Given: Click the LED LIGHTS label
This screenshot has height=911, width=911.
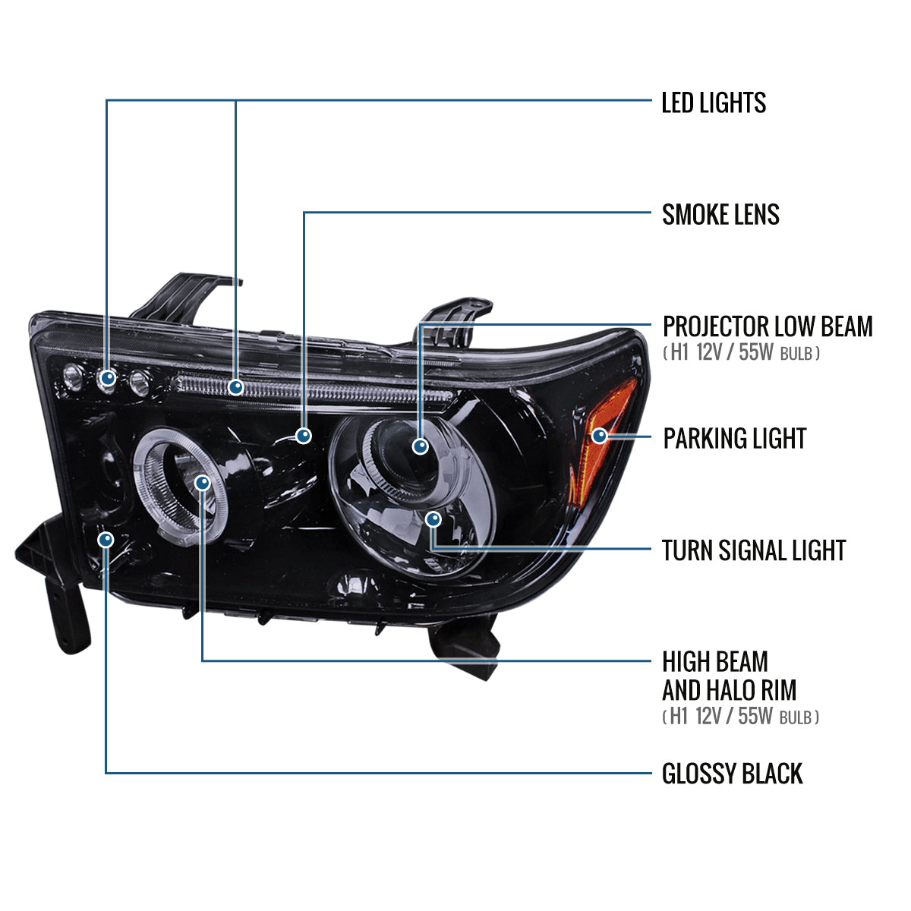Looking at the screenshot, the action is click(714, 102).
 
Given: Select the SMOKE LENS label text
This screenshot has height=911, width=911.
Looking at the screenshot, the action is click(720, 215).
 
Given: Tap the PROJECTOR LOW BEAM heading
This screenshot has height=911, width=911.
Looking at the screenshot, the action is click(768, 326).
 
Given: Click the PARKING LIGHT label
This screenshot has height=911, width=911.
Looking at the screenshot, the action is click(735, 438).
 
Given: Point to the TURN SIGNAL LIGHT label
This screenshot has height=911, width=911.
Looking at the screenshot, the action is click(754, 550).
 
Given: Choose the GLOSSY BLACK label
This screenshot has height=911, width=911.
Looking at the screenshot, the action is click(732, 774).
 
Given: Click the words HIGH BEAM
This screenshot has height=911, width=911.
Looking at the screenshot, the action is click(715, 661).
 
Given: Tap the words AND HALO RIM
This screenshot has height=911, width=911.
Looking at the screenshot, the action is click(729, 690).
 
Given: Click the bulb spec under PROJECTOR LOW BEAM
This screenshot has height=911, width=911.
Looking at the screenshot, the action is click(741, 353).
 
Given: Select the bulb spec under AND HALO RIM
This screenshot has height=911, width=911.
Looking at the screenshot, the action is click(740, 716).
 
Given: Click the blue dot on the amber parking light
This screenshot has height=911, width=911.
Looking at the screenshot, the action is click(600, 436).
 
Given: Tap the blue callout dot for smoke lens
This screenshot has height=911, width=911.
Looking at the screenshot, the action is click(303, 435).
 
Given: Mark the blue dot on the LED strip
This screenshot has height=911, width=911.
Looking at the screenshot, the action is click(235, 387).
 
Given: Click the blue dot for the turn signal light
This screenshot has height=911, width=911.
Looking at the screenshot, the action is click(433, 519).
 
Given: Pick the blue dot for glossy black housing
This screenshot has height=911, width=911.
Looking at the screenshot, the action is click(106, 540).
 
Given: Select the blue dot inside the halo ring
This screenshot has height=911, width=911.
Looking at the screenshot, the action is click(203, 483).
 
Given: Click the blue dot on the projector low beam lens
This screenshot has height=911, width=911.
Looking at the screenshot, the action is click(420, 446).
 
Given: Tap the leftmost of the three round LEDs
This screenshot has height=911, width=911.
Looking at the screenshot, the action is click(74, 377).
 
